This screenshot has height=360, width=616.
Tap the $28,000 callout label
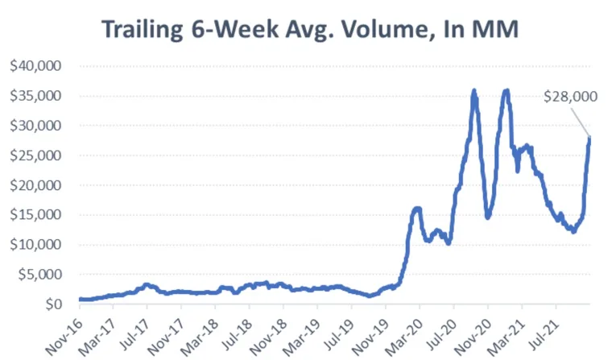(x=571, y=97)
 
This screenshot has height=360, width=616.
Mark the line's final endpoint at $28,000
(x=589, y=138)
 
